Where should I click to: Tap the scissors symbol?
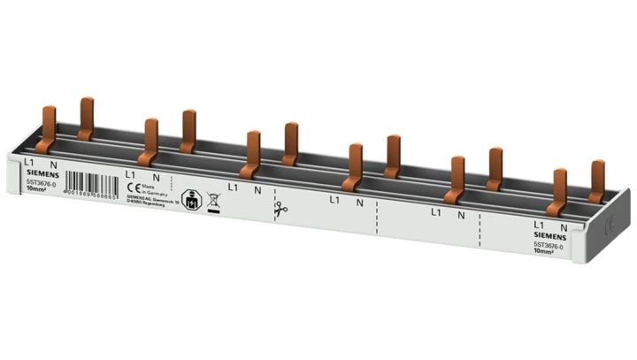click(x=280, y=210)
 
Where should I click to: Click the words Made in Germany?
click(x=152, y=188)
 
